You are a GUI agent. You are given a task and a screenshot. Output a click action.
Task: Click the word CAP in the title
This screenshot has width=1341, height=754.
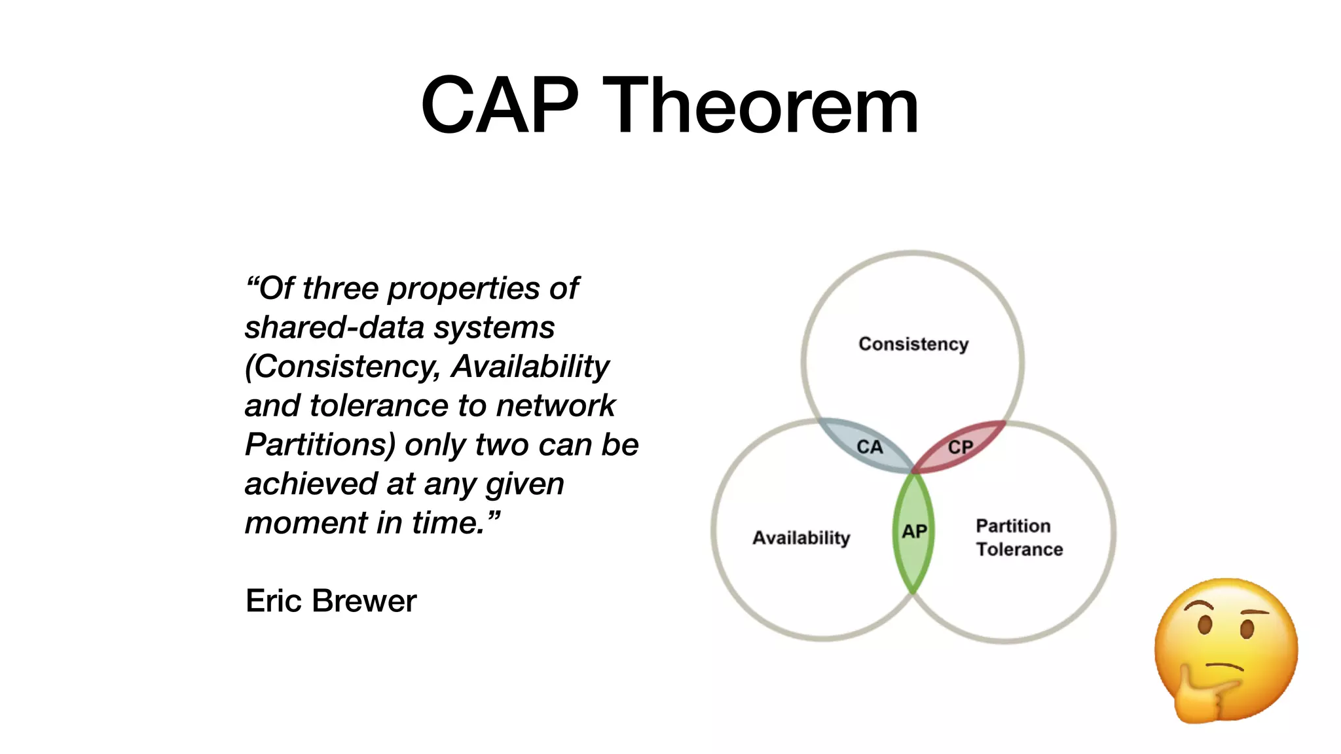[500, 106]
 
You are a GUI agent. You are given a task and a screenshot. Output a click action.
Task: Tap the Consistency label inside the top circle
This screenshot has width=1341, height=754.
[913, 344]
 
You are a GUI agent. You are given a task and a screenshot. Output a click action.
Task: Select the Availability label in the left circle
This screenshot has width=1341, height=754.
[801, 538]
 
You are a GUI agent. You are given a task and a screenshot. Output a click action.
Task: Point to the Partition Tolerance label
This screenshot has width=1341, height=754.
[1019, 537]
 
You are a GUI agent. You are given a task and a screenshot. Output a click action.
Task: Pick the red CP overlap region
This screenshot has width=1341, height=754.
[960, 447]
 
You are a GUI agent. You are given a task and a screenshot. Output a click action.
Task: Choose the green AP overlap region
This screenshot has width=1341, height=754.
[913, 531]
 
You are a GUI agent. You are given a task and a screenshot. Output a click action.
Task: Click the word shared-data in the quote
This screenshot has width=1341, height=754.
[335, 327]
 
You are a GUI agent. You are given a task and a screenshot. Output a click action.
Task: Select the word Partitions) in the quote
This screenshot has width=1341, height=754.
[320, 445]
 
